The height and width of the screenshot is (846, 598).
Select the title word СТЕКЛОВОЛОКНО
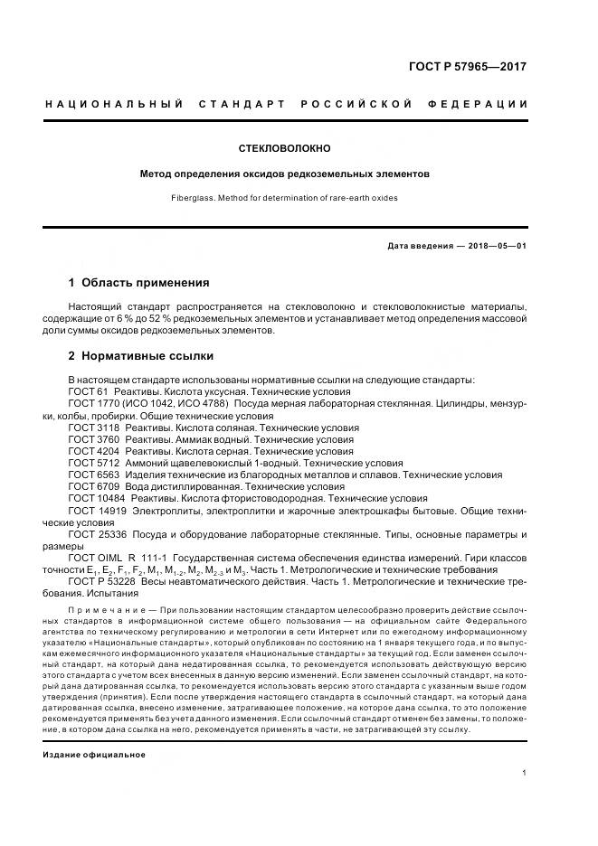click(284, 146)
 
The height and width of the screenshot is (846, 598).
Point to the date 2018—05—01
click(496, 246)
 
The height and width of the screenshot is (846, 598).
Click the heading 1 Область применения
click(139, 282)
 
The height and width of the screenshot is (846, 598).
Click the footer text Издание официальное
click(93, 754)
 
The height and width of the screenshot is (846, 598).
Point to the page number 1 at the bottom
click(524, 772)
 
